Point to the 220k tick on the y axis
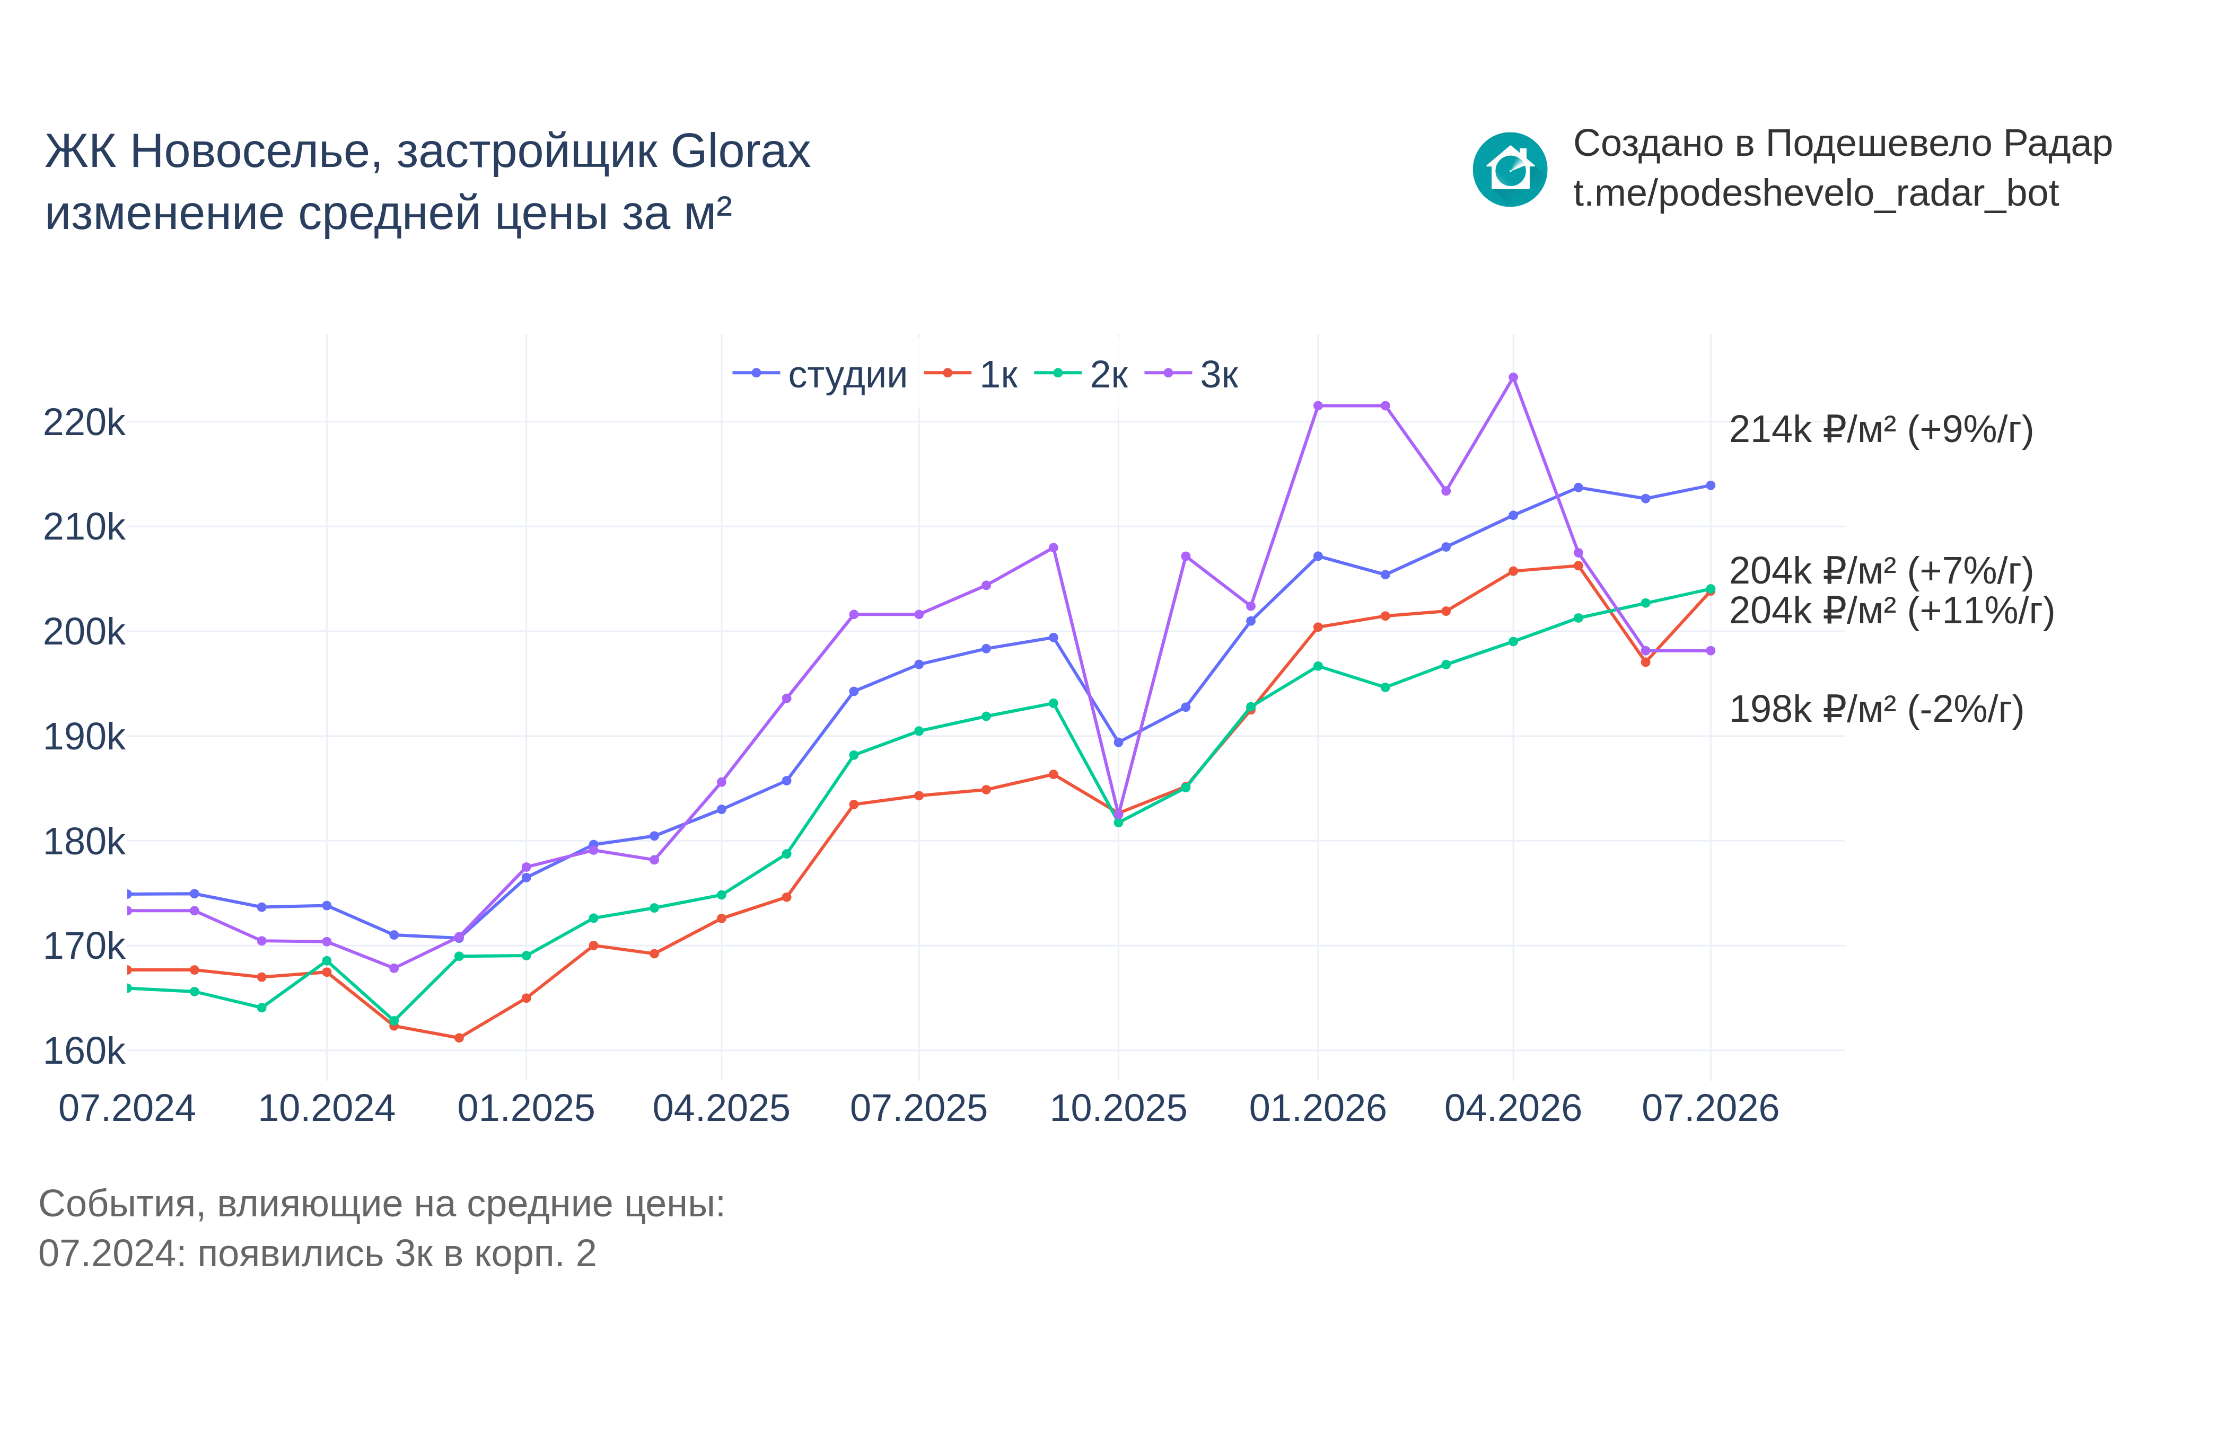point(84,423)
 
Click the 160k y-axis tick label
point(84,1051)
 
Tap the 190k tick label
point(84,737)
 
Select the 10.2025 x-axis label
point(1118,1109)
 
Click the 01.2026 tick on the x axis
point(1317,1109)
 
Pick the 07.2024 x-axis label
point(127,1109)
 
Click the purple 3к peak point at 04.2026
point(1513,377)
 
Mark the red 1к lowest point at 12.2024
point(459,1038)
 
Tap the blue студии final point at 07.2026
point(1710,485)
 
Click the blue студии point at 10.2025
point(1118,743)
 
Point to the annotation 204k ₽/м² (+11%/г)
point(1891,612)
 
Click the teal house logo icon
point(1510,169)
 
